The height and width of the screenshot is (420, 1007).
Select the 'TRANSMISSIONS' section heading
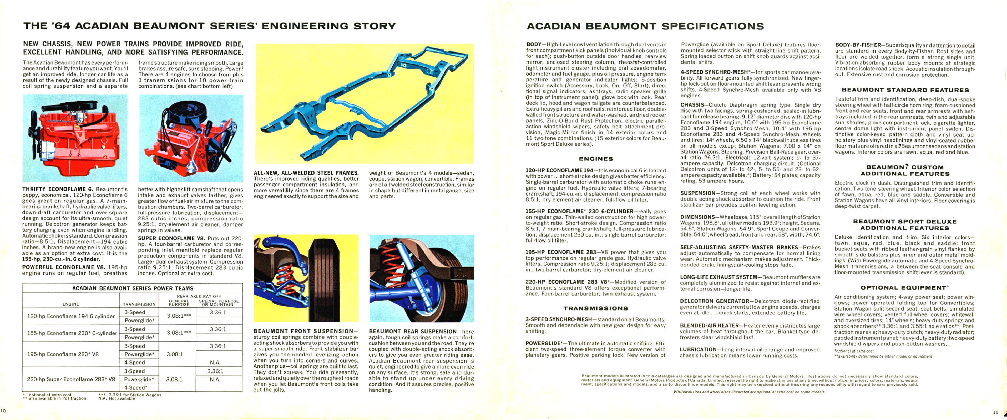[x=596, y=308]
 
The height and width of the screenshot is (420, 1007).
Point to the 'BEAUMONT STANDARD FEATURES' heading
[x=905, y=90]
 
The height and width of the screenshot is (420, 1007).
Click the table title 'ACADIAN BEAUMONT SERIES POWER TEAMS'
[x=133, y=288]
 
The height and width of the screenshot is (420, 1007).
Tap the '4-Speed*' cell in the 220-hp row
[x=136, y=388]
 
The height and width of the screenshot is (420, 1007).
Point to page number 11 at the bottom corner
[x=995, y=412]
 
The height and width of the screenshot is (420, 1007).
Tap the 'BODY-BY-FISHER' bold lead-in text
[x=858, y=45]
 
